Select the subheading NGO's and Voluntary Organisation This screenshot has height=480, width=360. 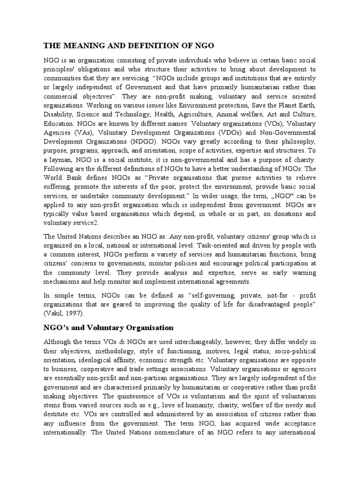[x=108, y=327]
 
